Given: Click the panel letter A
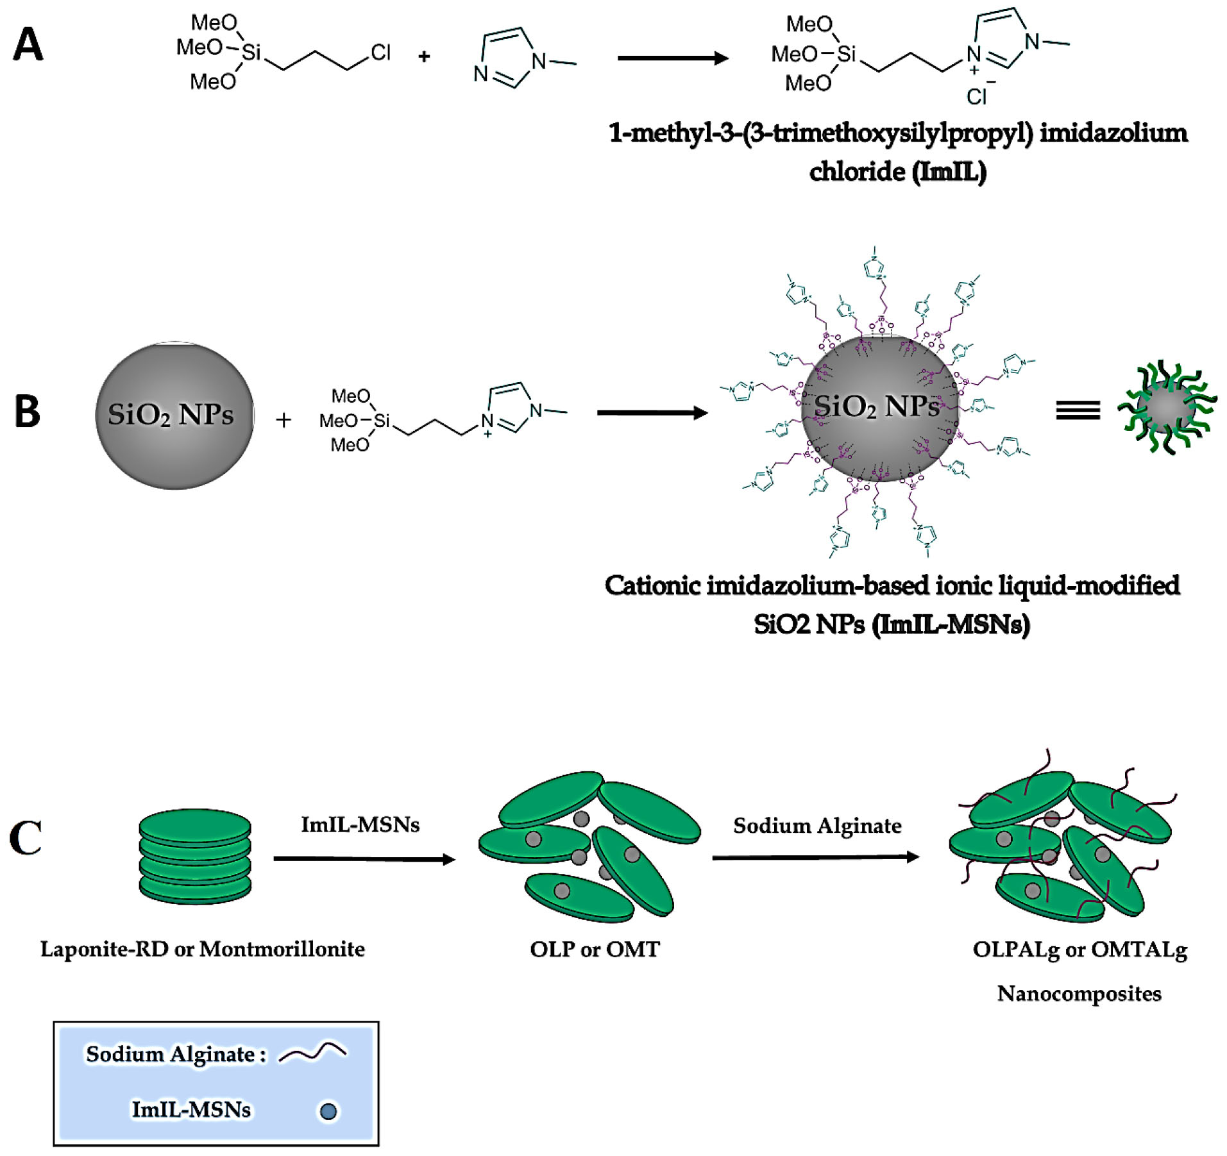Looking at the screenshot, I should click(x=28, y=46).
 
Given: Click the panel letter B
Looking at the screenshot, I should click(x=28, y=411).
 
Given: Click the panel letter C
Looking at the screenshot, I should click(x=26, y=837).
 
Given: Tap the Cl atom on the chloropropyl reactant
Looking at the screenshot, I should click(x=380, y=53).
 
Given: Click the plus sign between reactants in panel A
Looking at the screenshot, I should click(x=424, y=57).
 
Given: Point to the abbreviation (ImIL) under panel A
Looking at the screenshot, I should click(x=949, y=171).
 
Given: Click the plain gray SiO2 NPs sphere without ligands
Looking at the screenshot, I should click(x=174, y=415).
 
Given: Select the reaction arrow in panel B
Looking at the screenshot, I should click(x=652, y=413).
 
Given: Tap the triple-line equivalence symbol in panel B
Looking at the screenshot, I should click(x=1078, y=410).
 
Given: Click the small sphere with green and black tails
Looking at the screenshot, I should click(x=1167, y=408).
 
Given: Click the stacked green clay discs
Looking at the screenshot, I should click(x=195, y=856).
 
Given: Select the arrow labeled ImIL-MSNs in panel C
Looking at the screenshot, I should click(x=364, y=859).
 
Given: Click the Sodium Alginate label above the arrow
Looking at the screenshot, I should click(x=817, y=825).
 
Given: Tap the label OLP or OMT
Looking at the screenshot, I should click(x=595, y=949).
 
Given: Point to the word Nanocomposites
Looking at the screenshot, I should click(x=1079, y=993).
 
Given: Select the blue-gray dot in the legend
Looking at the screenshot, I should click(x=328, y=1110).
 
